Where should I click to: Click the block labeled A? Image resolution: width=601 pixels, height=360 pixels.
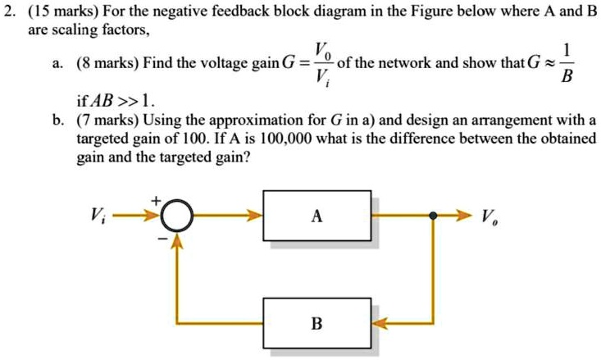[317, 216]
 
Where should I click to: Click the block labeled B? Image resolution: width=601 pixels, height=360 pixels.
[317, 324]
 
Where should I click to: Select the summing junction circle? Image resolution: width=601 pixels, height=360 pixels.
[175, 217]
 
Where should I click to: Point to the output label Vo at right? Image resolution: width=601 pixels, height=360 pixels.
[489, 217]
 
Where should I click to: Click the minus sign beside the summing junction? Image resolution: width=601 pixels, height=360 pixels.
[162, 239]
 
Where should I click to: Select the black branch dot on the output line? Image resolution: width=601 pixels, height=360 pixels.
[434, 216]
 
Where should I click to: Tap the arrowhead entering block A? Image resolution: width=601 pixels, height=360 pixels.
[256, 216]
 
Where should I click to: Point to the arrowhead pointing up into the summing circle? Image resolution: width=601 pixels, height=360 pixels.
[175, 239]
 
